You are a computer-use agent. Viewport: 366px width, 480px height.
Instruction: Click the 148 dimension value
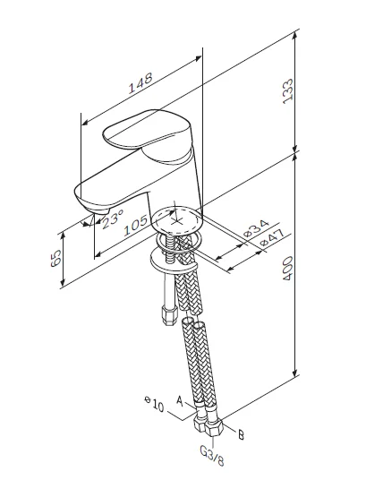tap(140, 82)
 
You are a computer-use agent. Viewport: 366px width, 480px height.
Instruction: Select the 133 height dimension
tap(288, 91)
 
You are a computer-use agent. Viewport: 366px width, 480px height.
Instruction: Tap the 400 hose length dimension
tap(288, 269)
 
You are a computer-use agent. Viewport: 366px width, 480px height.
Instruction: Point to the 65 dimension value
tap(56, 259)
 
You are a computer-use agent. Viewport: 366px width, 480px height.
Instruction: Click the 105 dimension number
tap(135, 226)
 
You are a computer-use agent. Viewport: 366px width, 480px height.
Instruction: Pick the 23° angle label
tap(113, 219)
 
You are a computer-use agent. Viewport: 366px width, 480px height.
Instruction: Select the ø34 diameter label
tap(257, 228)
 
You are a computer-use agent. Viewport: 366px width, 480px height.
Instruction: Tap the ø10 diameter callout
tap(154, 404)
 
